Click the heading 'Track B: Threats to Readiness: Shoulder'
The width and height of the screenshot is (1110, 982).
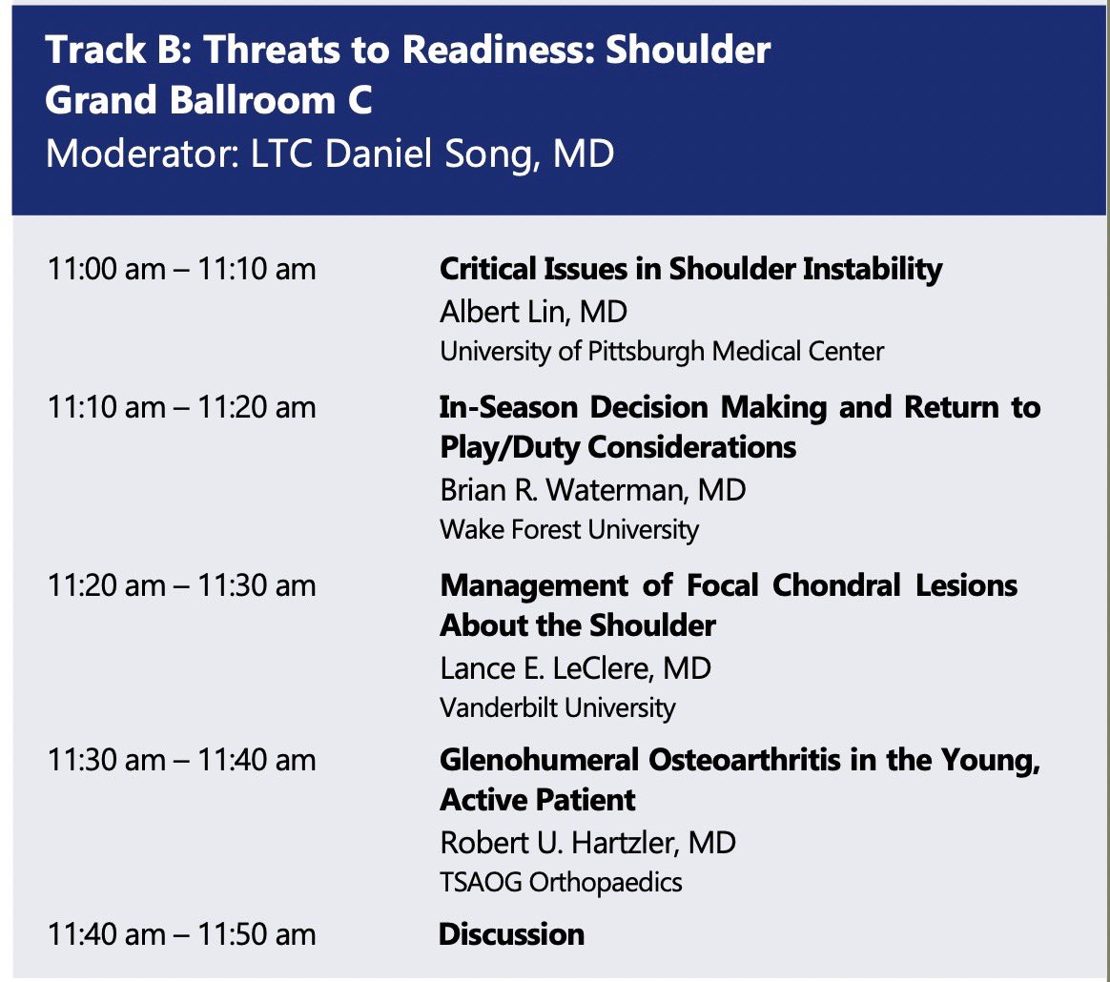[407, 50]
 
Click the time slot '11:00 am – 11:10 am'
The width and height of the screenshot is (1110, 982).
[181, 270]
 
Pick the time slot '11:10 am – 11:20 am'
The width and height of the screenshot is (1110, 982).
[181, 408]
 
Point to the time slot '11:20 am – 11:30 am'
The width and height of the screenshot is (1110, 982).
[181, 585]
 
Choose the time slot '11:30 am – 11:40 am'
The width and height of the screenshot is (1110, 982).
[181, 761]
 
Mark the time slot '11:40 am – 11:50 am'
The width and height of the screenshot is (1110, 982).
[181, 934]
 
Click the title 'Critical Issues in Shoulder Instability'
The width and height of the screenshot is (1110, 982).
[690, 270]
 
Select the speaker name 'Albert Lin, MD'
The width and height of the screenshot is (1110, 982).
[533, 312]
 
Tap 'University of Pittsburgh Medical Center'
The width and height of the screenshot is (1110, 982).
[662, 352]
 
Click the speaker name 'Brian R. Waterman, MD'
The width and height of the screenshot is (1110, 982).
[592, 489]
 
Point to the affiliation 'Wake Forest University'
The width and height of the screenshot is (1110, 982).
[569, 529]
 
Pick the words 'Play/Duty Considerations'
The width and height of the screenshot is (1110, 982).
[618, 447]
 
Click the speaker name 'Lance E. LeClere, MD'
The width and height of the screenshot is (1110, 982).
[575, 667]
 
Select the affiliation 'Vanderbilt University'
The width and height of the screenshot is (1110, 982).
[557, 707]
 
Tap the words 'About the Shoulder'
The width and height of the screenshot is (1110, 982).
[578, 625]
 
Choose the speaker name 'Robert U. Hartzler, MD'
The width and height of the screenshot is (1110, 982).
[587, 843]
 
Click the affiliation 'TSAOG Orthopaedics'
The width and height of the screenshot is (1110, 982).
[561, 883]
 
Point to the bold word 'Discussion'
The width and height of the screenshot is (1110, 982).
[511, 934]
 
